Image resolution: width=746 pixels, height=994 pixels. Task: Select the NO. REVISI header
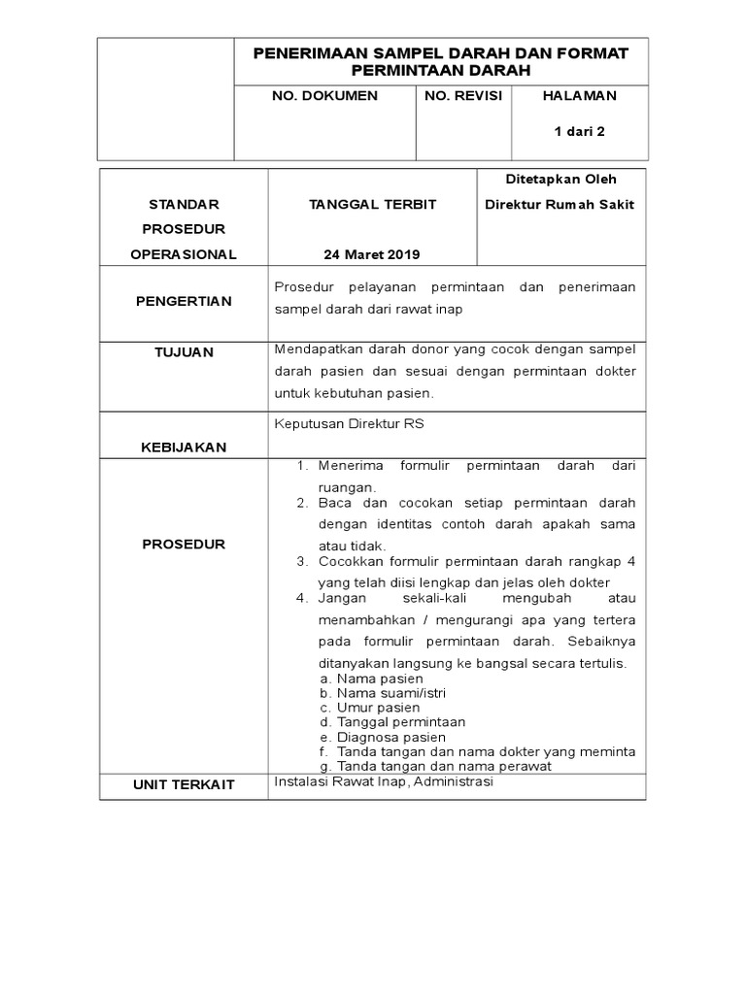[463, 96]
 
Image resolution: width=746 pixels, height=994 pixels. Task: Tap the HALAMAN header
[579, 96]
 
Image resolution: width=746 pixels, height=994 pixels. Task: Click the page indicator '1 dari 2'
[580, 131]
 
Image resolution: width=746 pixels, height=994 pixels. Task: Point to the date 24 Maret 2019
[372, 254]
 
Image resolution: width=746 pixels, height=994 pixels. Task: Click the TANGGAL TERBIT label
[372, 204]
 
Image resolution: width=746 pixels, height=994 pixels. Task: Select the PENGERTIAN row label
[184, 301]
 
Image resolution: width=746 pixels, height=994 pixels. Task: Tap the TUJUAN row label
[184, 351]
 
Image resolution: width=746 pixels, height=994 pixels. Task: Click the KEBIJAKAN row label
[184, 447]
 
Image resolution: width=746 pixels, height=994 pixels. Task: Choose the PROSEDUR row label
[184, 545]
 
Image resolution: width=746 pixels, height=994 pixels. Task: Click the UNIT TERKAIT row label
[184, 784]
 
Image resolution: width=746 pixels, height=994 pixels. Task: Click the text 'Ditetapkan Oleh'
[562, 179]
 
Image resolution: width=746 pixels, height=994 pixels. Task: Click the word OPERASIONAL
[184, 254]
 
